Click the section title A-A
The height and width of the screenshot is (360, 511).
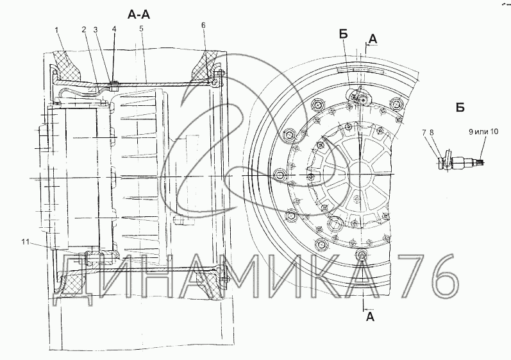tap(138, 14)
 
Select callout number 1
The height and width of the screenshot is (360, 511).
tap(56, 30)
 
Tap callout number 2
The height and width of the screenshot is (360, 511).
tap(84, 30)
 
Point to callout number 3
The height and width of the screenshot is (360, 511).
tap(96, 30)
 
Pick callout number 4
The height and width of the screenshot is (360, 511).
tap(113, 29)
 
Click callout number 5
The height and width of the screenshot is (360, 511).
tap(141, 28)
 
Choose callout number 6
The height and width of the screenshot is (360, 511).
tap(203, 26)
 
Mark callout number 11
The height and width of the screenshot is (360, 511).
tap(26, 242)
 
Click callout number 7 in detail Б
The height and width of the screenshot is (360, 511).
tap(424, 132)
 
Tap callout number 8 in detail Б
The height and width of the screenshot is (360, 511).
tap(431, 132)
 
